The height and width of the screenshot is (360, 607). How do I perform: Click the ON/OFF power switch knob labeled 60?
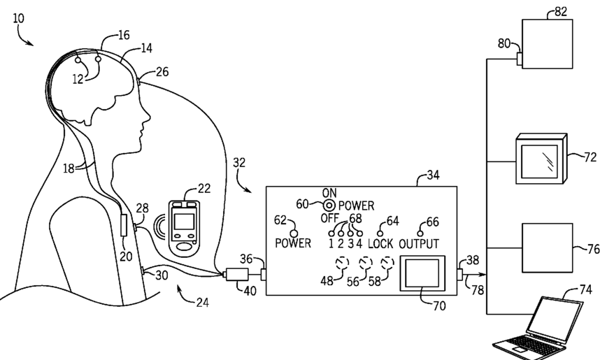[x=329, y=205]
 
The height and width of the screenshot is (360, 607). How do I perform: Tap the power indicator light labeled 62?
[x=294, y=233]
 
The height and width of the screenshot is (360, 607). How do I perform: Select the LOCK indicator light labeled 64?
[x=380, y=233]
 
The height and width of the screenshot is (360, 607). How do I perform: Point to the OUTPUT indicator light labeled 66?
[x=420, y=233]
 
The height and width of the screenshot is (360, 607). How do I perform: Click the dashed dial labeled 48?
[x=341, y=263]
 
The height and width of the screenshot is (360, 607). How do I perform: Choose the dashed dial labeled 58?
[x=387, y=264]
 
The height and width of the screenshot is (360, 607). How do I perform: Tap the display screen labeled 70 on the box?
[x=422, y=273]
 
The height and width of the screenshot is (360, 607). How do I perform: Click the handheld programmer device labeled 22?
[x=185, y=229]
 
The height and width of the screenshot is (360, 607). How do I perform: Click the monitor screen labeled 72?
[x=541, y=159]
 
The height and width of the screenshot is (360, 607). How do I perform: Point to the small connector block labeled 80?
[x=520, y=59]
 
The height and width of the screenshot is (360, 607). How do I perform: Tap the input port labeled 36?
[x=263, y=275]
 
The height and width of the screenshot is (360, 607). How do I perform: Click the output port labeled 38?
[x=460, y=275]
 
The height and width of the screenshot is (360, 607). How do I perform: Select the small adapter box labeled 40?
[x=237, y=274]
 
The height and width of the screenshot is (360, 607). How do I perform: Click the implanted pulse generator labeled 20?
[x=124, y=226]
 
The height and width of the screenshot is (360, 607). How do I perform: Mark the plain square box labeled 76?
[x=548, y=248]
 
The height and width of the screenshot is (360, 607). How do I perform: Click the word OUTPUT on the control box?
[x=419, y=244]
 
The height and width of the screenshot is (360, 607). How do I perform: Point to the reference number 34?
[x=433, y=175]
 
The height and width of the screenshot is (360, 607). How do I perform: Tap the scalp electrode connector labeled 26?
[x=138, y=81]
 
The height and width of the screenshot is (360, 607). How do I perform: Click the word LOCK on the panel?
[x=380, y=244]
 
